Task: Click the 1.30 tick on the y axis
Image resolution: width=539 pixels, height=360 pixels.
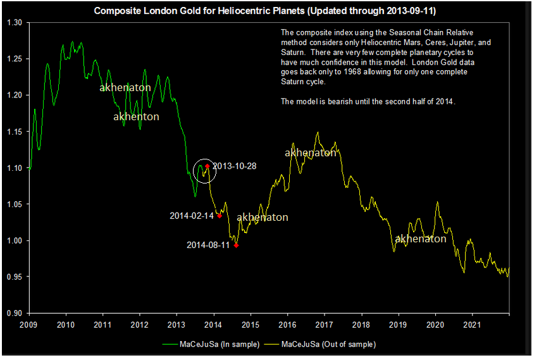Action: pyautogui.click(x=13, y=23)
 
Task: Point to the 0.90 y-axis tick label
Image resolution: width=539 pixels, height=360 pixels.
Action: pyautogui.click(x=13, y=313)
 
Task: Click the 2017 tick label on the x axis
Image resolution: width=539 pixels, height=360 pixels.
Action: pyautogui.click(x=325, y=325)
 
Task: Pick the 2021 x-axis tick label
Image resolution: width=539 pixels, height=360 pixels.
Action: pyautogui.click(x=472, y=325)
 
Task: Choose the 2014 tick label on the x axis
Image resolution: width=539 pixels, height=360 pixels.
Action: pyautogui.click(x=214, y=325)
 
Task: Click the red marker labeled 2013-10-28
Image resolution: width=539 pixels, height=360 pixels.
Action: pyautogui.click(x=207, y=166)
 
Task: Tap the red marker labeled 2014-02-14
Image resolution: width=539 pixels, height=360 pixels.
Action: pyautogui.click(x=220, y=216)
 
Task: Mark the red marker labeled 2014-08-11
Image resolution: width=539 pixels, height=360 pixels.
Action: pyautogui.click(x=236, y=245)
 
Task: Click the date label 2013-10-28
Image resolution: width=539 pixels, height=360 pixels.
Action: pyautogui.click(x=234, y=166)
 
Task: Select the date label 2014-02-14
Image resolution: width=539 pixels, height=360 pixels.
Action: pyautogui.click(x=192, y=216)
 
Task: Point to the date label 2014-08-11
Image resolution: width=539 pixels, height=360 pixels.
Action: pyautogui.click(x=208, y=245)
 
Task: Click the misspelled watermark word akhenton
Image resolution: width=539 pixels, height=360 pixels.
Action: pyautogui.click(x=136, y=117)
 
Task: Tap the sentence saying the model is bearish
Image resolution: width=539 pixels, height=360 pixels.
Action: pyautogui.click(x=368, y=101)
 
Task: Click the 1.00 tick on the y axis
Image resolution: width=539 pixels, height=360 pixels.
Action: pyautogui.click(x=13, y=240)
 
